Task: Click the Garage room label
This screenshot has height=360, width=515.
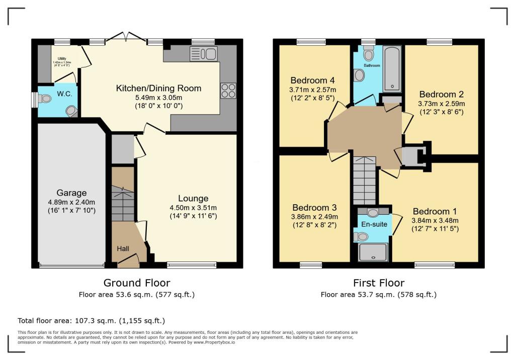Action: pyautogui.click(x=71, y=193)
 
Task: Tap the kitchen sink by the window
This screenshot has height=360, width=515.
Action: pyautogui.click(x=203, y=54)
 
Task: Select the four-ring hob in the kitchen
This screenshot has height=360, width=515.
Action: pyautogui.click(x=228, y=90)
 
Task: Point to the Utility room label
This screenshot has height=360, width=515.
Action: pyautogui.click(x=62, y=59)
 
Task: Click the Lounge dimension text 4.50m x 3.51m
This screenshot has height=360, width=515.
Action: pyautogui.click(x=193, y=207)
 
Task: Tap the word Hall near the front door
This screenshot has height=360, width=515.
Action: pyautogui.click(x=123, y=248)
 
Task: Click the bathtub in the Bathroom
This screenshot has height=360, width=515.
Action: pyautogui.click(x=392, y=69)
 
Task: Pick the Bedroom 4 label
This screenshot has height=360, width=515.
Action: pyautogui.click(x=312, y=80)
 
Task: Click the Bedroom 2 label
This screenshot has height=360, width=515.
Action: pyautogui.click(x=441, y=94)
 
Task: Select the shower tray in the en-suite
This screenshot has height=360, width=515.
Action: pyautogui.click(x=373, y=252)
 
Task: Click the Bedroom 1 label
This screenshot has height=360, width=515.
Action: pyautogui.click(x=435, y=211)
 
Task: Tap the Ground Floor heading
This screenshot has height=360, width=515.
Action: pyautogui.click(x=136, y=283)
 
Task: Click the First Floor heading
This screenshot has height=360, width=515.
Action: pyautogui.click(x=378, y=283)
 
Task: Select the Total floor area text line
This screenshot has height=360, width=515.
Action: pyautogui.click(x=91, y=320)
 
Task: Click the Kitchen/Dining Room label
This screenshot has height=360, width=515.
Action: pyautogui.click(x=158, y=88)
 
